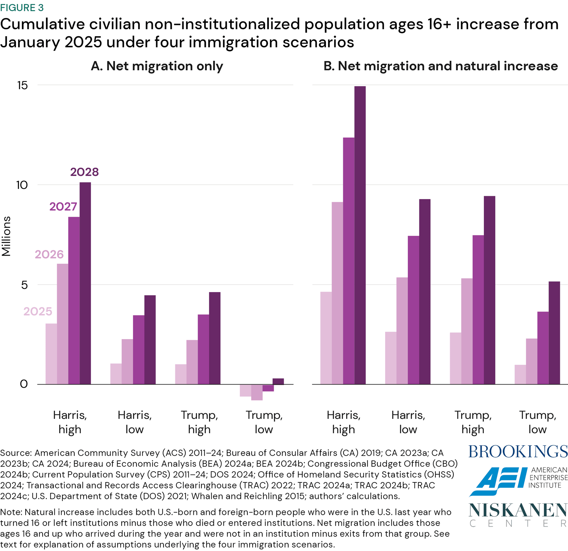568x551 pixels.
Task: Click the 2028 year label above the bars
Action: tap(84, 172)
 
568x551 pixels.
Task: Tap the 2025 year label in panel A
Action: tap(38, 311)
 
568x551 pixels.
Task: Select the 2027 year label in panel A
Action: tap(63, 206)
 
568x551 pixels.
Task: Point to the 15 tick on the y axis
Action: tap(22, 85)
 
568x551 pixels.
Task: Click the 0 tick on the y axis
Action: tap(24, 384)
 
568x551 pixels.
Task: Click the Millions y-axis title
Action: tap(6, 236)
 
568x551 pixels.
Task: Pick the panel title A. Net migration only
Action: tap(157, 66)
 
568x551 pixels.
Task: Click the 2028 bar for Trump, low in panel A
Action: tap(278, 381)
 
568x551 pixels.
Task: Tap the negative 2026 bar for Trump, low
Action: tap(257, 392)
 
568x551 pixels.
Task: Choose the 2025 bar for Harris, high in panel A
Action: tap(51, 354)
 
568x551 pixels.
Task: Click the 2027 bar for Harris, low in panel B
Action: tap(413, 310)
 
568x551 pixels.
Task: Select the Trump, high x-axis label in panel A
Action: tap(199, 422)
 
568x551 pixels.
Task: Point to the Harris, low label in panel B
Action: tap(408, 422)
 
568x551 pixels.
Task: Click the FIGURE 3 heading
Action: tap(22, 7)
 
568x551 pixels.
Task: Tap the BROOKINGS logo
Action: tap(518, 452)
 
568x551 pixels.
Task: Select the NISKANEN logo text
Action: tap(518, 510)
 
